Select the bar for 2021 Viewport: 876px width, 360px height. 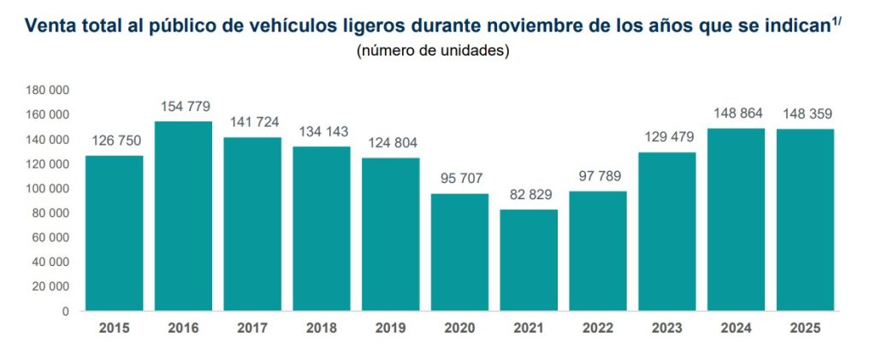point(529,260)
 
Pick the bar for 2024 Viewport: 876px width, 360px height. point(736,219)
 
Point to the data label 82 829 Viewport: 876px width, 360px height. point(529,196)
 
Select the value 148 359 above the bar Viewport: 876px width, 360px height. point(805,114)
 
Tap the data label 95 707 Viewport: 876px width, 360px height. point(459,180)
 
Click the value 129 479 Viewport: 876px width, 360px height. point(666,138)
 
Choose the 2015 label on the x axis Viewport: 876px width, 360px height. point(114,328)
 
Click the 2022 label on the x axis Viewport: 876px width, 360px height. point(597,328)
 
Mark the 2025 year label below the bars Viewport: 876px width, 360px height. point(805,328)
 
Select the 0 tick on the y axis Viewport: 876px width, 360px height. point(66,311)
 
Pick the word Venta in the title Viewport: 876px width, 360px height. point(50,27)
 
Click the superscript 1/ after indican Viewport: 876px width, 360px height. point(838,21)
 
